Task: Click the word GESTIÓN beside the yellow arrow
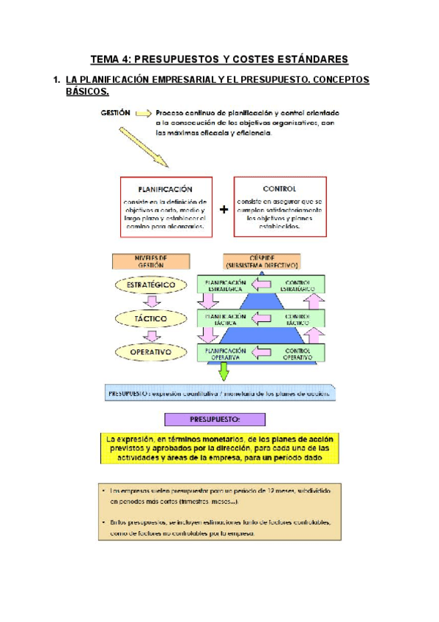coord(115,113)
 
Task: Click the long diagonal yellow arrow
coord(144,147)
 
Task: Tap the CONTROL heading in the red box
coord(279,189)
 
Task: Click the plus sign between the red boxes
coord(224,209)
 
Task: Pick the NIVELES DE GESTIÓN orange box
coord(150,261)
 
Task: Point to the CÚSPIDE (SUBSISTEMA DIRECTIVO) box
coord(263,262)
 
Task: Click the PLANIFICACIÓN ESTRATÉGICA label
coord(226,285)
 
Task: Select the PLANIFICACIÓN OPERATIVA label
coord(226,354)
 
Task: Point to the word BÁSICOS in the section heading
coord(87,92)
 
